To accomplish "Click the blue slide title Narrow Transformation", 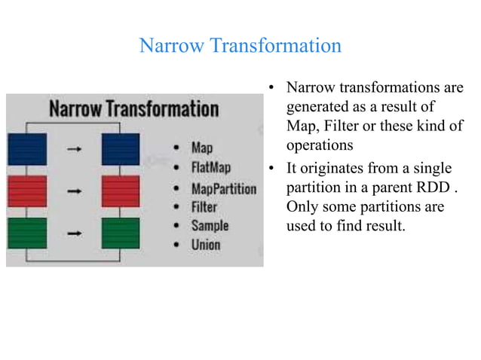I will [x=240, y=46].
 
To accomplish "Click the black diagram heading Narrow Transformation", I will [x=134, y=108].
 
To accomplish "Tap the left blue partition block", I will [x=26, y=149].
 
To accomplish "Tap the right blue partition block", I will [x=121, y=149].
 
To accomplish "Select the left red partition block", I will [x=26, y=191].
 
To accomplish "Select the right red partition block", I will [x=121, y=191].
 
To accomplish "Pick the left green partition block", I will [x=26, y=233].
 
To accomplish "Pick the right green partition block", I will [x=121, y=233].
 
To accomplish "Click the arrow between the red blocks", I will [x=74, y=191].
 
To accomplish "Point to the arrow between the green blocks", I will [x=74, y=233].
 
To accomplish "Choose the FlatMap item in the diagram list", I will [x=211, y=167].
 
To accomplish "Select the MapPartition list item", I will [x=223, y=188].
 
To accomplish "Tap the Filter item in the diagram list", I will [x=204, y=206].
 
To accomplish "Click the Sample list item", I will [x=210, y=225].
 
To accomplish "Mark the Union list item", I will [x=206, y=245].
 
